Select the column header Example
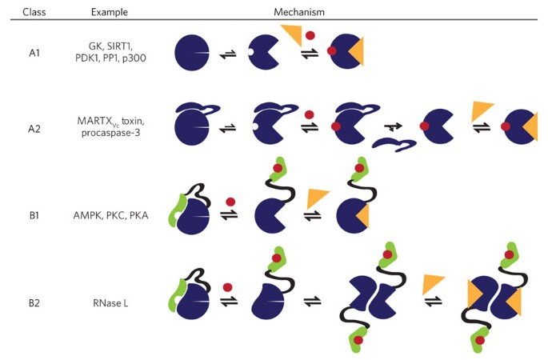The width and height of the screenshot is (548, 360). click(x=110, y=12)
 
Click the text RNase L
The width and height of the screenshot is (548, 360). click(x=110, y=304)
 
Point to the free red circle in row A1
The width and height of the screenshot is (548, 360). click(x=310, y=36)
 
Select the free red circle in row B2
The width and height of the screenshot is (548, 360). click(x=228, y=286)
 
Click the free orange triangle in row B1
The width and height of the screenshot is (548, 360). click(x=318, y=197)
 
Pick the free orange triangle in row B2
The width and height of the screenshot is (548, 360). click(x=435, y=282)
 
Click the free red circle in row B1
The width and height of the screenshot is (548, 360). click(x=230, y=201)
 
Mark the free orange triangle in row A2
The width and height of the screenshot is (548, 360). click(x=482, y=110)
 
